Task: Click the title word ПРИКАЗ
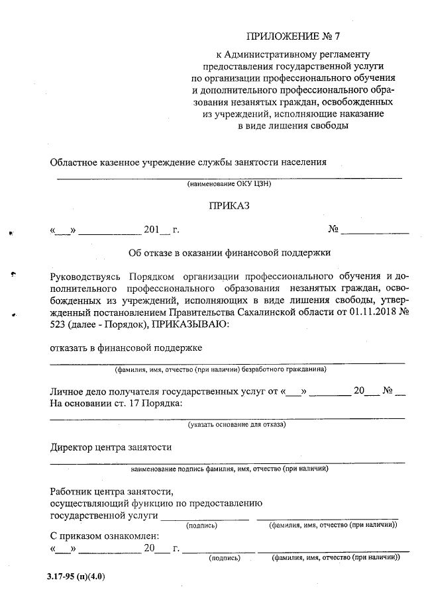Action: [x=229, y=207]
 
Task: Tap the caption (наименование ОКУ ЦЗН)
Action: [x=229, y=183]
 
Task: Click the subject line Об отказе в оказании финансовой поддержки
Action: [x=229, y=252]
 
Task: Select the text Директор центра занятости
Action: [x=111, y=447]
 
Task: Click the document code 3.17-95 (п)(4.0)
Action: [x=76, y=576]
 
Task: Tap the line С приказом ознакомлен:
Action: [x=105, y=537]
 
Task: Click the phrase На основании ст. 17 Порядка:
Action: [x=116, y=404]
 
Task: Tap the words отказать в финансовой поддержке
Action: [x=127, y=347]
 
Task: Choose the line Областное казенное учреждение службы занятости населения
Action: [x=189, y=162]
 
